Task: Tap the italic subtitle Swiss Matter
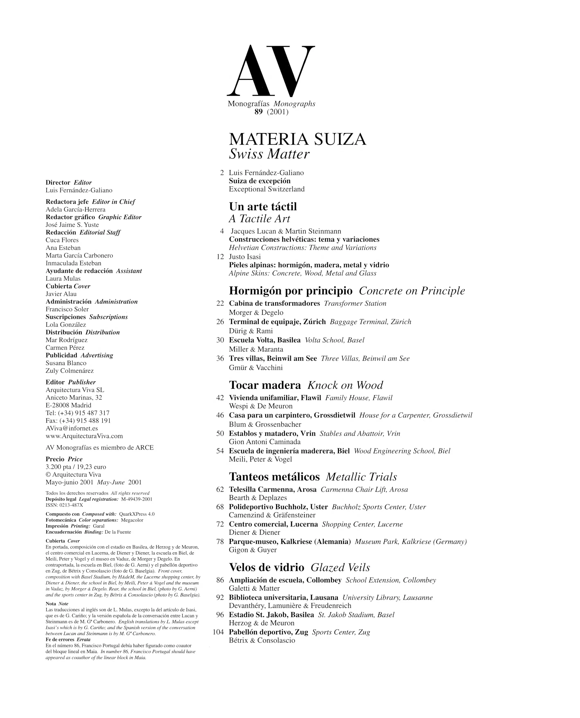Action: (x=269, y=154)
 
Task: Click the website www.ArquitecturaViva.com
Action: (x=84, y=436)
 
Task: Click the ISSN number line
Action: (x=64, y=505)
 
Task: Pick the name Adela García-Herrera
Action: (x=75, y=210)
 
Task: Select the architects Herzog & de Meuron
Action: (x=262, y=623)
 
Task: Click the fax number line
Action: (x=78, y=420)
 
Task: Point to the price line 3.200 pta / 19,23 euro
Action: (x=76, y=467)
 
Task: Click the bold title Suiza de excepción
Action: (x=260, y=181)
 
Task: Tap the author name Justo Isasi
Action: (x=245, y=257)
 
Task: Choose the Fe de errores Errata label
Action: (x=63, y=639)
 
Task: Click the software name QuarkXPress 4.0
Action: (x=137, y=514)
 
